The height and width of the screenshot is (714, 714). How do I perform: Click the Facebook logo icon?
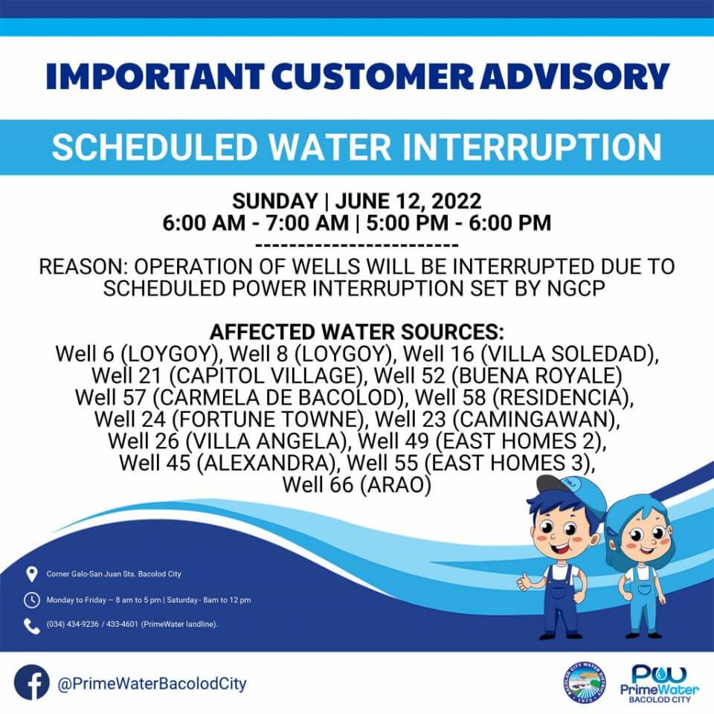point(31,683)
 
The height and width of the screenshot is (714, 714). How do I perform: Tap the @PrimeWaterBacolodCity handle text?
point(152,684)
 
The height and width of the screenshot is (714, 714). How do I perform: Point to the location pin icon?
point(31,574)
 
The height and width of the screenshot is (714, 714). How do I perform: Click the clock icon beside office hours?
point(31,600)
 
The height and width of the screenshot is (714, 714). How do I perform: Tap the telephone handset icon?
point(31,626)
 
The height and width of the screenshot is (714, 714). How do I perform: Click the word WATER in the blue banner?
point(329,147)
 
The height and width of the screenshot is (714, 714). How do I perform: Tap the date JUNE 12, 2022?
point(408,202)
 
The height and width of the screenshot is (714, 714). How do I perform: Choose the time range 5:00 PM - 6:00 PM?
point(459,223)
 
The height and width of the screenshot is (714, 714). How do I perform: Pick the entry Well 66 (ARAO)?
point(356,484)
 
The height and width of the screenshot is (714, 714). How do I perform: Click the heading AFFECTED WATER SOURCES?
point(356,332)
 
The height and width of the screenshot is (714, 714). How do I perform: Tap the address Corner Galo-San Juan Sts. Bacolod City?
point(114,574)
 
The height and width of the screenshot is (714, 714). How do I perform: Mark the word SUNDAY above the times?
point(275,202)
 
